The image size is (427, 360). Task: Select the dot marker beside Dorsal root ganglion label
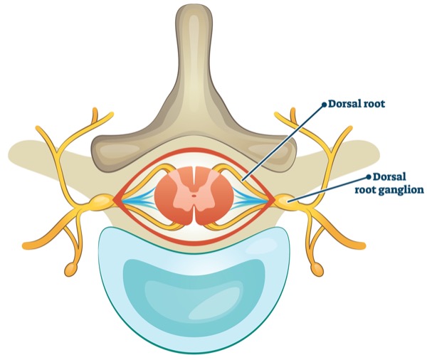[367, 176]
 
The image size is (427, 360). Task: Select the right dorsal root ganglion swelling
[283, 202]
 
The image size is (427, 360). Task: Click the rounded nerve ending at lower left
[71, 270]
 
